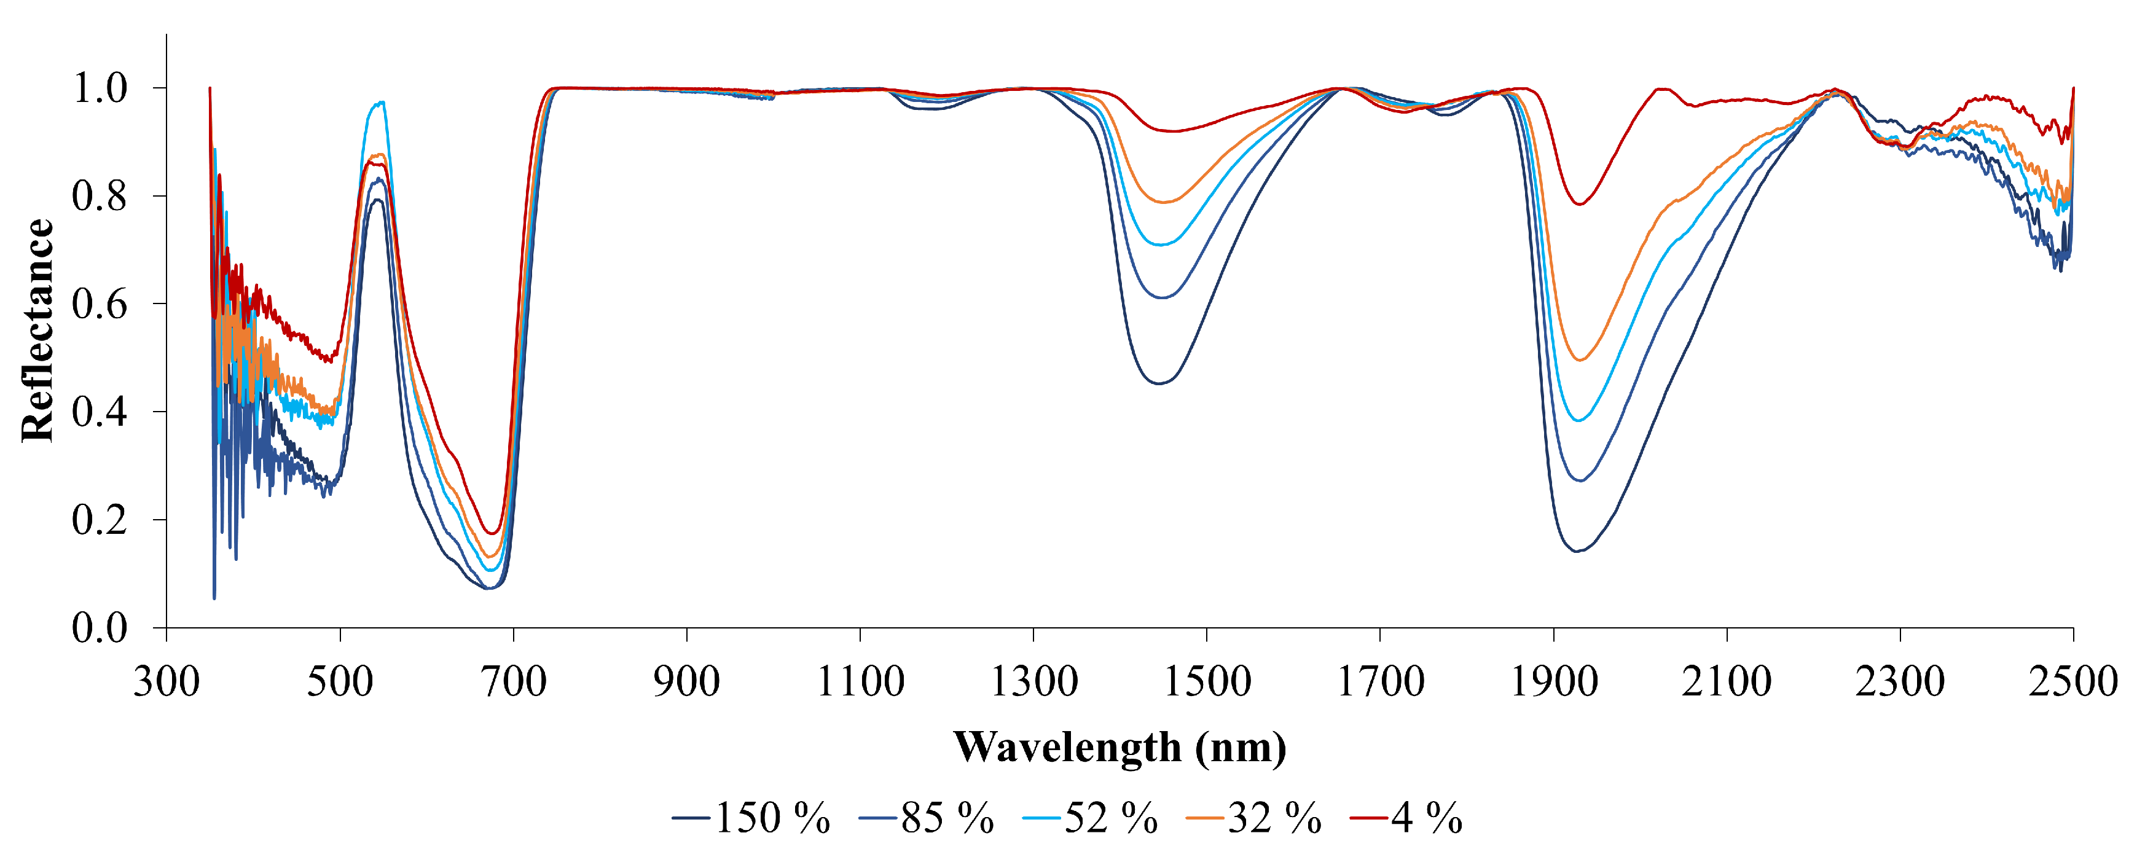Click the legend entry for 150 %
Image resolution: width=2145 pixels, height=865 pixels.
[x=752, y=818]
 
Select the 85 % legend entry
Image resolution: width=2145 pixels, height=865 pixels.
[x=927, y=818]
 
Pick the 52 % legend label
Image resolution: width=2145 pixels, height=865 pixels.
[x=1091, y=818]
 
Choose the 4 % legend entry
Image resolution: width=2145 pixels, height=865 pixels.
[x=1406, y=818]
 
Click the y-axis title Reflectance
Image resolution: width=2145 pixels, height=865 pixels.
[x=38, y=330]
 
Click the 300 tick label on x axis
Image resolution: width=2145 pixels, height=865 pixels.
[x=167, y=681]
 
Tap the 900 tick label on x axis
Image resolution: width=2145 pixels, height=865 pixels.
[x=686, y=681]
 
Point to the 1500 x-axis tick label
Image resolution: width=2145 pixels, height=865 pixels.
[x=1207, y=681]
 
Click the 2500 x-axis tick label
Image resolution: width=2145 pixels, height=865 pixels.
[x=2072, y=681]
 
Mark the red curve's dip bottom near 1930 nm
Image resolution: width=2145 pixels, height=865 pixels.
[x=1578, y=204]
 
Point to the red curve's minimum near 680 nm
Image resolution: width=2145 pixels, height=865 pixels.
[x=493, y=533]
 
